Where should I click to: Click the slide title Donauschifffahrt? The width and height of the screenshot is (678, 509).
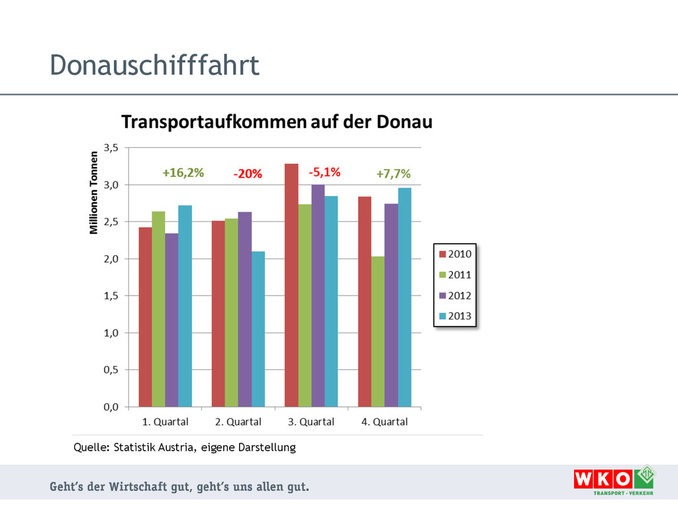tap(154, 66)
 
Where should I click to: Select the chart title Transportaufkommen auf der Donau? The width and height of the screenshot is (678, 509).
tap(276, 122)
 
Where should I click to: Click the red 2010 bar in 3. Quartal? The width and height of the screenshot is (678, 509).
tap(291, 285)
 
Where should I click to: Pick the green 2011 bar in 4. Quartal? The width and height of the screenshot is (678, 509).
tap(377, 331)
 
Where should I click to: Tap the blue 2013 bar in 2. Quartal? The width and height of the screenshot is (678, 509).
tap(258, 329)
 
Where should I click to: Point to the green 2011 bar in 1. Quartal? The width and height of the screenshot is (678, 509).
tap(158, 309)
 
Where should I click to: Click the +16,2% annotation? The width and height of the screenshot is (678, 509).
tap(183, 173)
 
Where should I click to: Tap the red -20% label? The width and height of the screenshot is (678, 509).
tap(248, 174)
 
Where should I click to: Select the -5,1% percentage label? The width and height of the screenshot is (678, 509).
tap(324, 172)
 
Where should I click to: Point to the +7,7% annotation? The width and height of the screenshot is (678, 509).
tap(393, 174)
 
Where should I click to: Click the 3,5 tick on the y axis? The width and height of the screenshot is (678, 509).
tap(111, 148)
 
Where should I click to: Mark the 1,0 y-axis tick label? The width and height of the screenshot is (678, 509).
tap(111, 333)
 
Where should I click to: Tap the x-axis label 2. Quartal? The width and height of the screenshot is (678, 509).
tap(238, 422)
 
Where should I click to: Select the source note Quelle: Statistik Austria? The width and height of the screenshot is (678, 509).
tap(184, 447)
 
